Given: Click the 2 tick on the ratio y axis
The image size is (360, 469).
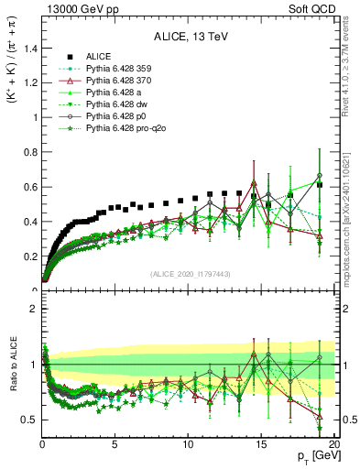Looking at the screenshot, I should [33, 309].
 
